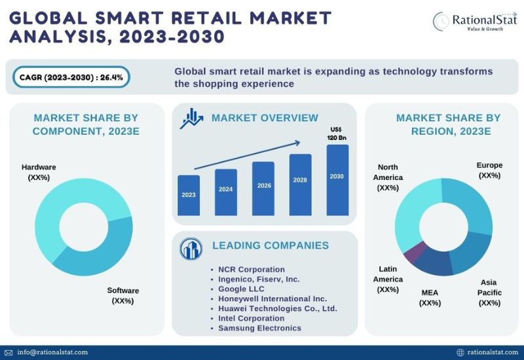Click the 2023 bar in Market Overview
(x=189, y=195)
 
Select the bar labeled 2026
(x=263, y=189)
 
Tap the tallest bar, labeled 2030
(x=337, y=180)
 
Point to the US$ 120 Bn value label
(x=337, y=134)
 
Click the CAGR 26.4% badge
(x=71, y=77)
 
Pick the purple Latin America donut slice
(x=415, y=251)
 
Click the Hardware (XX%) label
(x=39, y=172)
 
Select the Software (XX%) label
(x=123, y=296)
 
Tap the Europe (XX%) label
(x=489, y=170)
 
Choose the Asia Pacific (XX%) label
(x=489, y=293)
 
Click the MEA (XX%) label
(x=430, y=298)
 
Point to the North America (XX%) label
(x=388, y=177)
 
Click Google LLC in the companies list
(x=241, y=289)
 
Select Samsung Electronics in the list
(x=259, y=328)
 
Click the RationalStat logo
(x=475, y=22)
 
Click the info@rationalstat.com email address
(x=52, y=352)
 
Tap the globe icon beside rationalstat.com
(x=460, y=352)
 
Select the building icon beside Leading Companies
(x=191, y=249)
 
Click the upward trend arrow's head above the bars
(x=297, y=143)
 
